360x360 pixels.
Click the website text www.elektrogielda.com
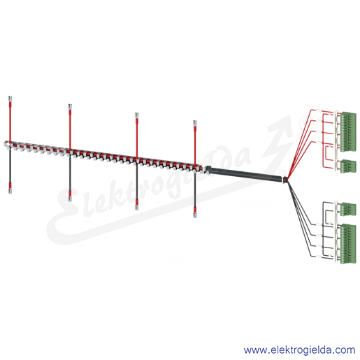click(299, 350)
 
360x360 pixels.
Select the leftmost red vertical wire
click(10, 122)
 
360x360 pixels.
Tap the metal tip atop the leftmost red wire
click(10, 99)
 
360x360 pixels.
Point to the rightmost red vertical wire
click(195, 145)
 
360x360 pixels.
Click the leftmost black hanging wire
click(10, 166)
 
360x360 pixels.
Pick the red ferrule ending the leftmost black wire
click(10, 186)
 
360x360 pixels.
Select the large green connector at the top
click(348, 132)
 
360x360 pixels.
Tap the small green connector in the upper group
click(348, 166)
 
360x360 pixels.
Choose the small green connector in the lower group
click(348, 209)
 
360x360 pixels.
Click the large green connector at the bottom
click(348, 244)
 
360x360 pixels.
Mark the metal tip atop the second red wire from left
click(70, 106)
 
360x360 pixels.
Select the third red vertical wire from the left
click(137, 138)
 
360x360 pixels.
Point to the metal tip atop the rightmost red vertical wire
click(195, 123)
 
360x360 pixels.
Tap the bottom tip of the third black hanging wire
click(137, 208)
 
